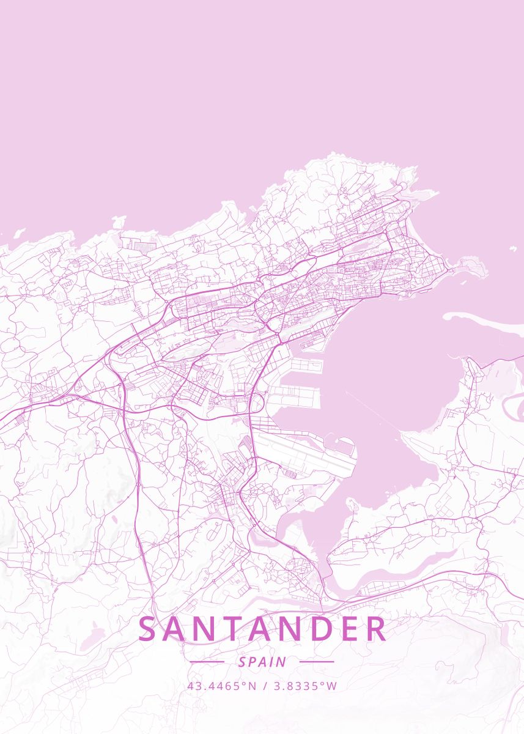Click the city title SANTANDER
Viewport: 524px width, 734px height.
point(262,629)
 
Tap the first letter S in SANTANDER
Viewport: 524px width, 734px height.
point(147,629)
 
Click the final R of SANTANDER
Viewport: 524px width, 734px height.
point(376,629)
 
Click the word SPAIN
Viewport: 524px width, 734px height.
point(262,662)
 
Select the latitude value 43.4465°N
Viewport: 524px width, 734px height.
point(222,686)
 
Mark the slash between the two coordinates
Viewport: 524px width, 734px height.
point(265,686)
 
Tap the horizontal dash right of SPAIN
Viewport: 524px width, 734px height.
point(317,661)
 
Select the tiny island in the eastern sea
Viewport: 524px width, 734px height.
point(512,250)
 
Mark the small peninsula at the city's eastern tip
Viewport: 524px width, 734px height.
point(471,267)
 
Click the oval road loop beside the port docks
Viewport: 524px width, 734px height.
point(255,403)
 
